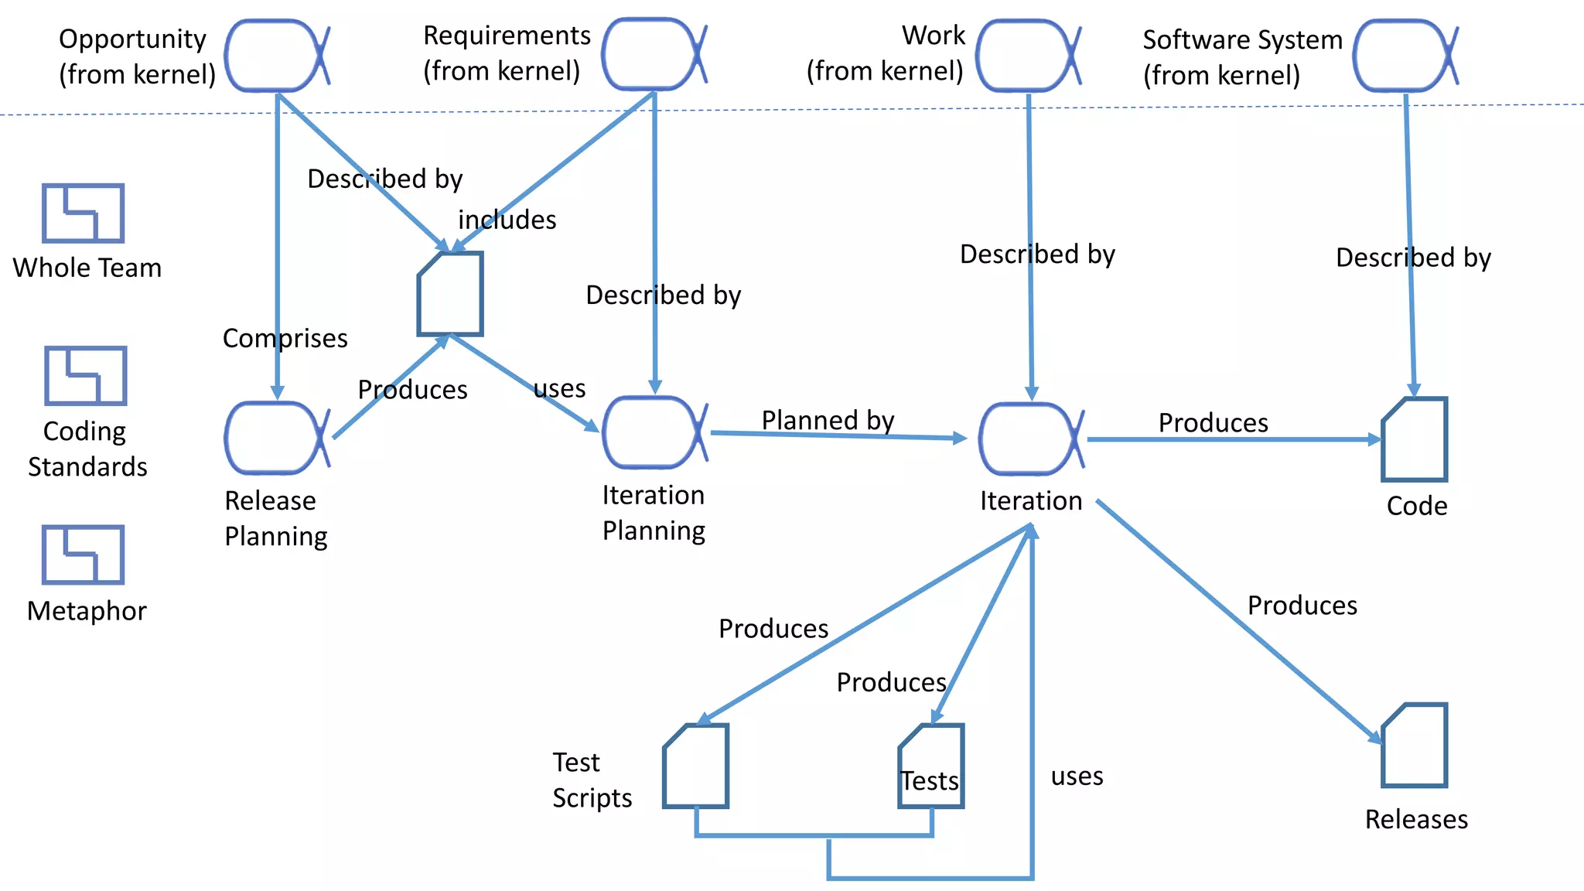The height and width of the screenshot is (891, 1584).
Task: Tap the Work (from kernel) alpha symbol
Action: coord(1026,56)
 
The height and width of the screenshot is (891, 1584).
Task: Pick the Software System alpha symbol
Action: coord(1403,56)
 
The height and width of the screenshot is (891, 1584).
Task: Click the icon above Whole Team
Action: coord(83,213)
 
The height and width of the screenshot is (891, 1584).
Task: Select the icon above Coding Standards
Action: coord(85,375)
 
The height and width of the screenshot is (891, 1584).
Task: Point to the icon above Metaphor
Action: coord(83,555)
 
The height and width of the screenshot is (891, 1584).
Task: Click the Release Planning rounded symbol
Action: coord(275,438)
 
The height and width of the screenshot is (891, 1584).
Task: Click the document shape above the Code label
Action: coord(1415,439)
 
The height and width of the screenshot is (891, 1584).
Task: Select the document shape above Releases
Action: coord(1415,746)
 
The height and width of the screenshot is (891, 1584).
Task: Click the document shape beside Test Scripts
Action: coord(696,766)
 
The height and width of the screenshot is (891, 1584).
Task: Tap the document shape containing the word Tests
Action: coord(931,766)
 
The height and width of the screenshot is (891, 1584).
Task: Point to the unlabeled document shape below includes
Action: coord(450,294)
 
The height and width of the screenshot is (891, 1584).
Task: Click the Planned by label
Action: coord(828,420)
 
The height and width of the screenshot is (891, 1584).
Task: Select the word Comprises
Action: coord(285,338)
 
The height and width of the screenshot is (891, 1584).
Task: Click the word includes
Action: coord(507,220)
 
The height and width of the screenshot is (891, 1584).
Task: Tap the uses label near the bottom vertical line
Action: coord(1077,776)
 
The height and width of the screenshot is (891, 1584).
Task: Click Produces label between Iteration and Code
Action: coord(1213,422)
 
